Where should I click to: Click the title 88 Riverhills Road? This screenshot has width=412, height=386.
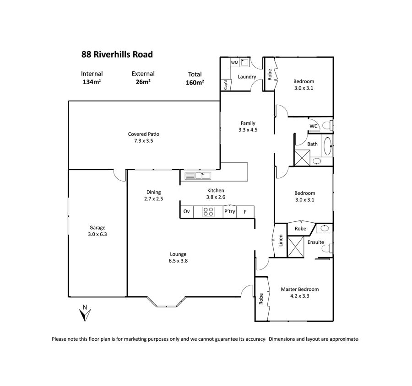(117, 54)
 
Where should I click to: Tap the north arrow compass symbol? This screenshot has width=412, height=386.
(85, 313)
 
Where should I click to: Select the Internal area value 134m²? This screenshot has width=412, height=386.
(92, 82)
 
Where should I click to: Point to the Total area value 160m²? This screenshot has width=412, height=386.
(195, 83)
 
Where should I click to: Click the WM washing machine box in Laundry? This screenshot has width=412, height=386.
(234, 63)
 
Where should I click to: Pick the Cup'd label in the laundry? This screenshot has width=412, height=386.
(225, 85)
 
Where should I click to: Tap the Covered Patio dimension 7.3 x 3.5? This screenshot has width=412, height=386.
(143, 141)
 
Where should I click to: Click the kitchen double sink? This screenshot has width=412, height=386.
(198, 176)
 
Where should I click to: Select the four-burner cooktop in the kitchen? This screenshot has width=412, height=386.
(208, 212)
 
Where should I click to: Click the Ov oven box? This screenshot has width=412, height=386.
(187, 212)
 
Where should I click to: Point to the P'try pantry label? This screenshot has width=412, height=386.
(230, 211)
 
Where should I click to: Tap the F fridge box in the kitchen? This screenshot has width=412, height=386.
(245, 212)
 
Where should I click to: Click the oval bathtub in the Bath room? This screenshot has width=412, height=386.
(327, 145)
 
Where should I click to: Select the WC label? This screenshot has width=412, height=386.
(313, 126)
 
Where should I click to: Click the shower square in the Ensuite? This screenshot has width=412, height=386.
(296, 247)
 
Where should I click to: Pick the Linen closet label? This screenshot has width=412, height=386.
(281, 241)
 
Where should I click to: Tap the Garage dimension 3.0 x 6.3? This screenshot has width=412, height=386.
(98, 234)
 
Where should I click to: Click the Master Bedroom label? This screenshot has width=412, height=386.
(300, 289)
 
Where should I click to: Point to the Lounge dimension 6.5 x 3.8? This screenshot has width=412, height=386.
(178, 261)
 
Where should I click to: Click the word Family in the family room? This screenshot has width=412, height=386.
(248, 123)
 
